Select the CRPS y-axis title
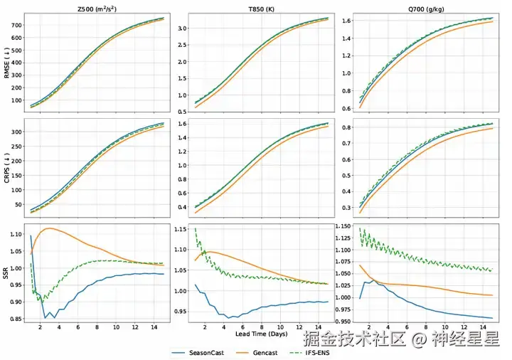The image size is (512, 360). tap(6, 169)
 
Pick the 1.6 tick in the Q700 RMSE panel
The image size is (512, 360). tap(344, 21)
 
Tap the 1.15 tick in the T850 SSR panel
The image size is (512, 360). tap(178, 230)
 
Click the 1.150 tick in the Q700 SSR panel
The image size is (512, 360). tap(341, 227)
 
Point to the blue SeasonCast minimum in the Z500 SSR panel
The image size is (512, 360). tap(46, 318)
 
